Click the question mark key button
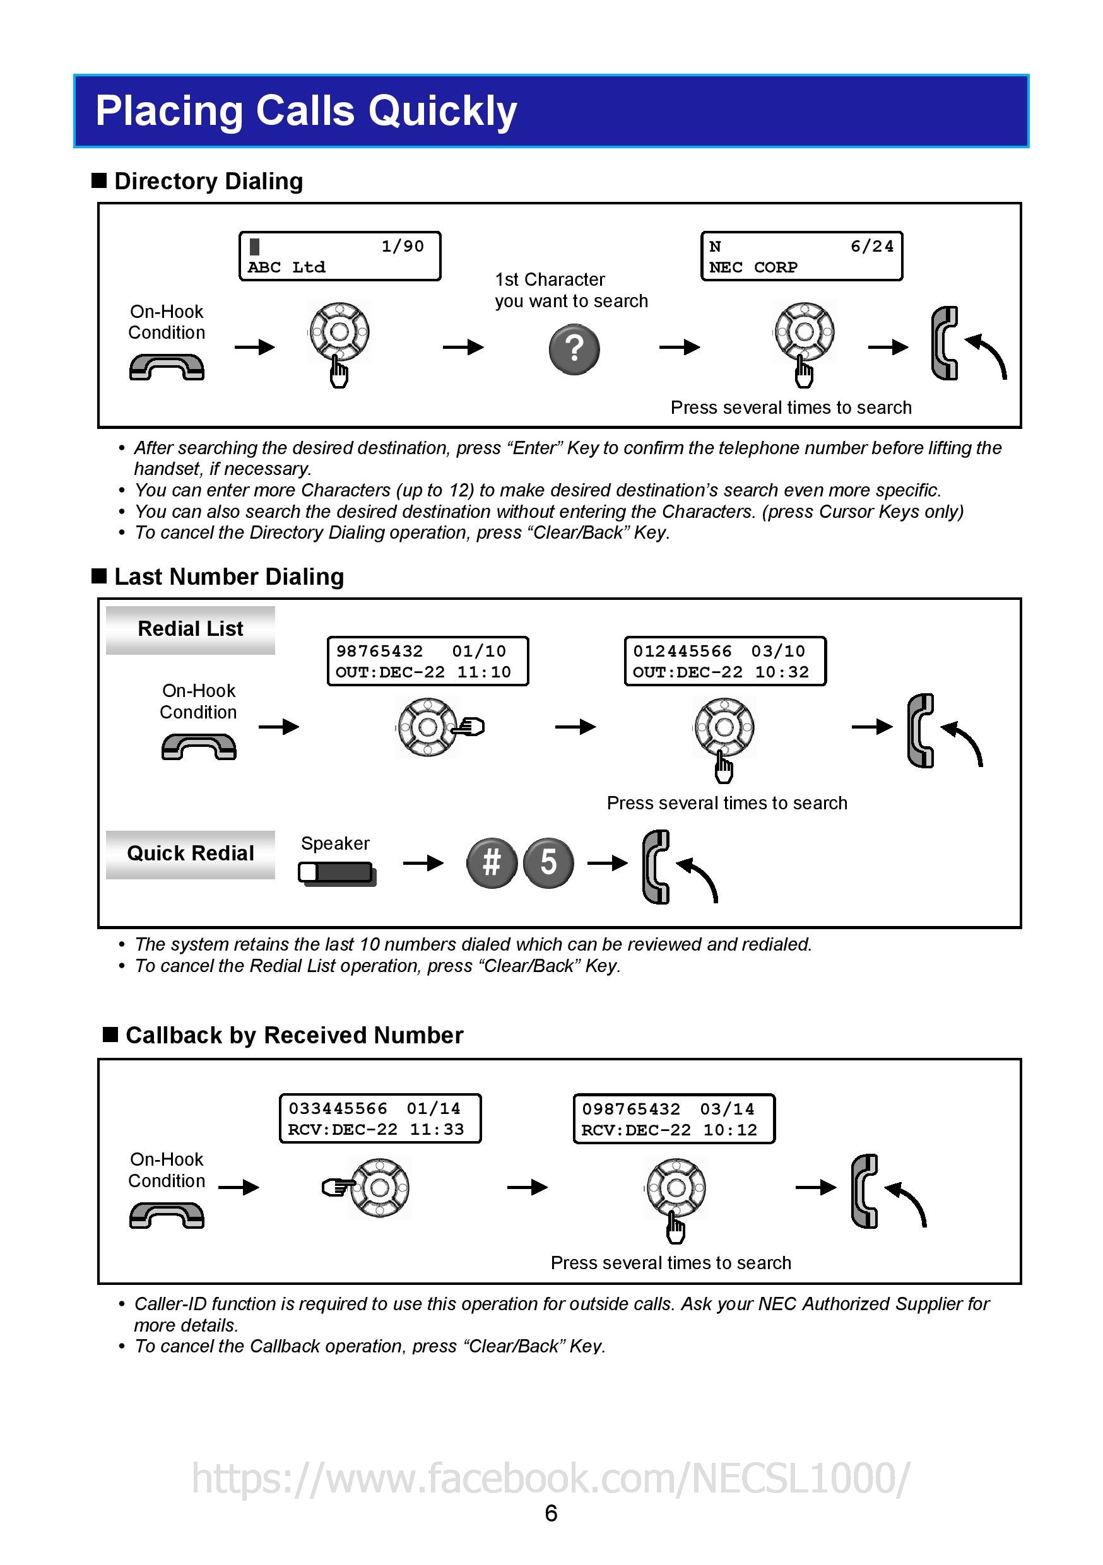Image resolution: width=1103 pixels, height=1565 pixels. tap(574, 349)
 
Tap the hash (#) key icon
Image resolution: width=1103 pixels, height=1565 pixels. tap(492, 862)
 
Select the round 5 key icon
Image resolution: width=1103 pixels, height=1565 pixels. tap(548, 862)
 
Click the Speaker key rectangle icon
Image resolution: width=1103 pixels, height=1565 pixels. tap(337, 873)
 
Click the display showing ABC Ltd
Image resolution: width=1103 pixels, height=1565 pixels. tap(339, 256)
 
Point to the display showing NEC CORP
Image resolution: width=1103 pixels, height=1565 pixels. tap(801, 256)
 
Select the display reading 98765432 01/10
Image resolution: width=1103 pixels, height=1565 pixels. tap(427, 661)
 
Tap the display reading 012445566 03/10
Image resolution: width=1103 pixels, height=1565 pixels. tap(724, 661)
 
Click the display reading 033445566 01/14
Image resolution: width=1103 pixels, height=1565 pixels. tap(380, 1118)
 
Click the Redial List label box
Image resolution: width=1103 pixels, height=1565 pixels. tap(190, 629)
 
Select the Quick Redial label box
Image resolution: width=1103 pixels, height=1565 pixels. tap(190, 853)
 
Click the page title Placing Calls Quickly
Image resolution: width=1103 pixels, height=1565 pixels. tap(306, 110)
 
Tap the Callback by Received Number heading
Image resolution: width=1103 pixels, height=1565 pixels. tap(294, 1035)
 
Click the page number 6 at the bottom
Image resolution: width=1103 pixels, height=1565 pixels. tap(551, 1513)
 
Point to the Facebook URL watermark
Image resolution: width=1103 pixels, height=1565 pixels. tap(551, 1478)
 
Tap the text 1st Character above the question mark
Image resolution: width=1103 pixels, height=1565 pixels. tap(550, 279)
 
